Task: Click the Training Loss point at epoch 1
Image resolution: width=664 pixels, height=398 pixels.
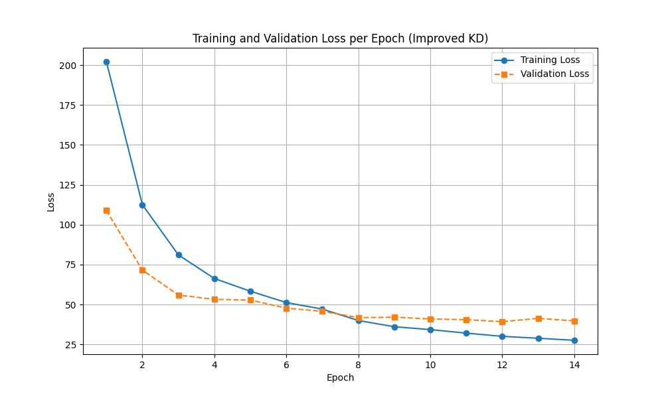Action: (x=106, y=62)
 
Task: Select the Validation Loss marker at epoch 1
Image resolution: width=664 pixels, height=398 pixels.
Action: (x=106, y=210)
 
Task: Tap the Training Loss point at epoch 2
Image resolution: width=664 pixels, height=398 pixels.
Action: (x=142, y=205)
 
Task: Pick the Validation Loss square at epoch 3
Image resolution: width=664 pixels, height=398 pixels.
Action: (x=179, y=295)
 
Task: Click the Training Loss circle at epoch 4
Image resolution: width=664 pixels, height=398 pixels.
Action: (x=214, y=279)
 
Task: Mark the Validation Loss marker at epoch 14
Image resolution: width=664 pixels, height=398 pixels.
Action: (x=574, y=321)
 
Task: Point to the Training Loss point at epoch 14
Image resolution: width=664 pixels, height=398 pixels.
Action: (x=574, y=340)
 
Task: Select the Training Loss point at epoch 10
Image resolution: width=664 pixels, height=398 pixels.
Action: (x=430, y=330)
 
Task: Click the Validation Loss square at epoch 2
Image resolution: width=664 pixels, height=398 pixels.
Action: (x=142, y=270)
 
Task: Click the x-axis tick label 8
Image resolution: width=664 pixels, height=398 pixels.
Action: (x=359, y=365)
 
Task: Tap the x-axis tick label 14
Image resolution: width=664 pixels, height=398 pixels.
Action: (x=574, y=365)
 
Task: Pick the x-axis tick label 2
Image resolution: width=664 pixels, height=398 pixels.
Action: (x=142, y=365)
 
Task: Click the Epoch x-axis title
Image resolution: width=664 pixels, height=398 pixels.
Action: (x=340, y=378)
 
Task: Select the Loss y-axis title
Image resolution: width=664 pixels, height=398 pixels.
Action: (x=51, y=202)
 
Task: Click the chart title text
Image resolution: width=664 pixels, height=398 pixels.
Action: (x=340, y=38)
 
